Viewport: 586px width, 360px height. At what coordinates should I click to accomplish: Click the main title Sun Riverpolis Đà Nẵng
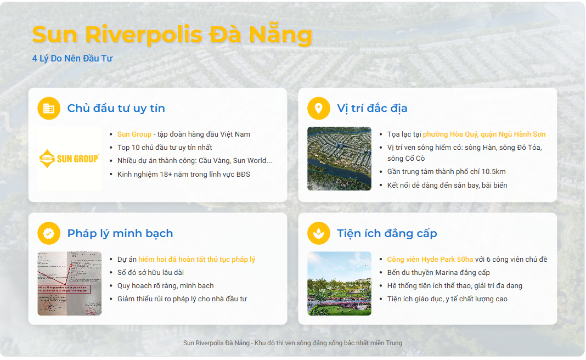[x=172, y=34]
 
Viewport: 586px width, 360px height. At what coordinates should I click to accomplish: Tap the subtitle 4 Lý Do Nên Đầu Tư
[x=72, y=58]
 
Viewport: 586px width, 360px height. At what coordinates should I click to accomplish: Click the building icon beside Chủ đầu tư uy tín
[x=49, y=108]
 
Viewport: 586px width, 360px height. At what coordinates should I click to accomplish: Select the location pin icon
[x=318, y=108]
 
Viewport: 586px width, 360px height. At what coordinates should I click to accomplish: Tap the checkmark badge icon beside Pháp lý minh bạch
[x=49, y=233]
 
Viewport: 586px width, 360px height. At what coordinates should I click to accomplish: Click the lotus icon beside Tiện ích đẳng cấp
[x=318, y=233]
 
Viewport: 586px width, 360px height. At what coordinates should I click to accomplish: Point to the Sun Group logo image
[x=70, y=159]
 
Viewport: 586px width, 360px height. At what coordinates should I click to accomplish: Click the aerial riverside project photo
[x=339, y=159]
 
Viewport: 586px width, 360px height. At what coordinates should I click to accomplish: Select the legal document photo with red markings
[x=70, y=284]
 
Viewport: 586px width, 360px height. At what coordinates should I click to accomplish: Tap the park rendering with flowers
[x=339, y=284]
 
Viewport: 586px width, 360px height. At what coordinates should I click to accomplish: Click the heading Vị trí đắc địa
[x=372, y=108]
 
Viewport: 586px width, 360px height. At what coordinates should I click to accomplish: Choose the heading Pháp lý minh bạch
[x=120, y=233]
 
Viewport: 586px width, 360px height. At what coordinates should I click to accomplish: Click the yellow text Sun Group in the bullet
[x=134, y=134]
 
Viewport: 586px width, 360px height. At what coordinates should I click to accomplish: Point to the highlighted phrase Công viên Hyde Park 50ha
[x=430, y=260]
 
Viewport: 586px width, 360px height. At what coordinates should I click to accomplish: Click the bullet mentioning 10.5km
[x=446, y=172]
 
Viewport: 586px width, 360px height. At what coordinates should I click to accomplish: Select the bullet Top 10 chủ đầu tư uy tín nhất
[x=165, y=148]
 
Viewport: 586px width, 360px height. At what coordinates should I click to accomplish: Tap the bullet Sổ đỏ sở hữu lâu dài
[x=150, y=273]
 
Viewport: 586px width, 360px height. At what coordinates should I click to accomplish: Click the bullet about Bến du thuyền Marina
[x=438, y=273]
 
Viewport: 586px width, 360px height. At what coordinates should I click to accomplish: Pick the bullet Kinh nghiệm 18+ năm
[x=184, y=175]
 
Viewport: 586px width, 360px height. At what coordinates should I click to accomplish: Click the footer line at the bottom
[x=292, y=343]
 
